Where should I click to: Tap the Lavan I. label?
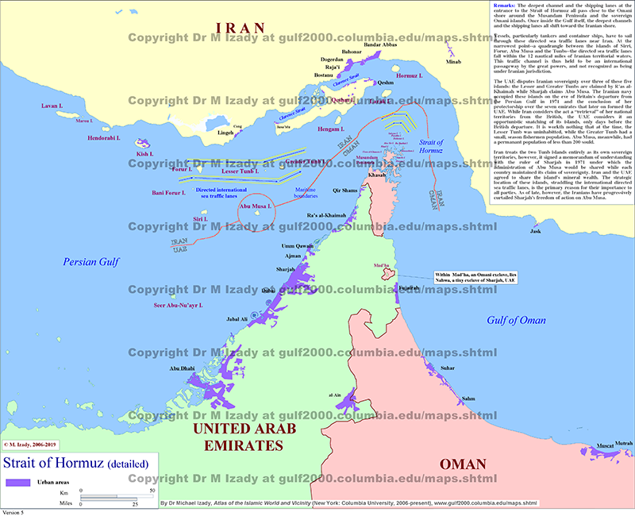tap(52, 105)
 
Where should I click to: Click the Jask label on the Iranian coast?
tap(536, 231)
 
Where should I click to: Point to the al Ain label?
tap(336, 394)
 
